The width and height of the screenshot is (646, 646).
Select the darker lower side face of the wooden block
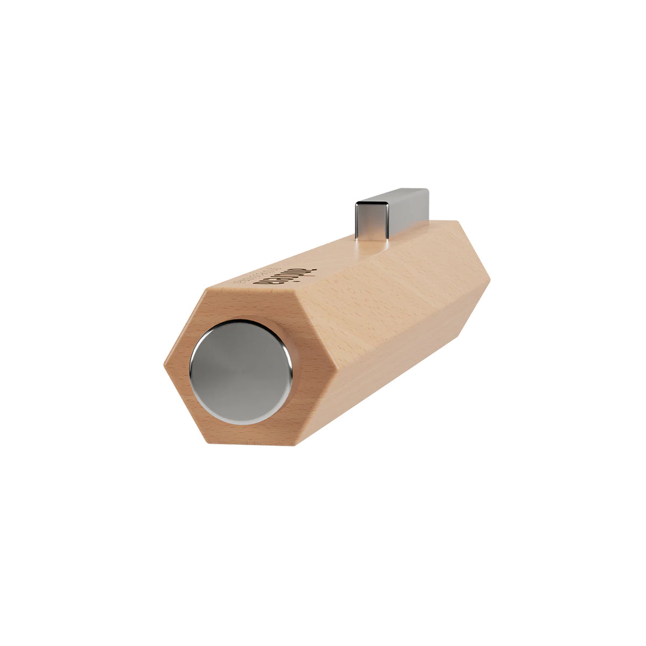398,366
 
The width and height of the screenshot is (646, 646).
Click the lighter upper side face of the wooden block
377,285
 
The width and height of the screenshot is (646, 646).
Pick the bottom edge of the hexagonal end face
253,444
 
